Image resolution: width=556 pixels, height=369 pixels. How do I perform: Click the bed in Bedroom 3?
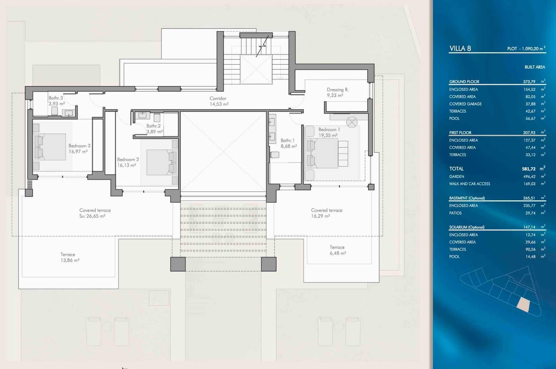click(51, 147)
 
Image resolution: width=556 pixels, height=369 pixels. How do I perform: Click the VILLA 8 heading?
click(460, 48)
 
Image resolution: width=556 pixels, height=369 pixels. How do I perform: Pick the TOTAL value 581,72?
click(529, 169)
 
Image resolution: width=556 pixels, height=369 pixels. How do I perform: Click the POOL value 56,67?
click(530, 118)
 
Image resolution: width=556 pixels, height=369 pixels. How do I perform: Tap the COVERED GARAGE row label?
click(465, 104)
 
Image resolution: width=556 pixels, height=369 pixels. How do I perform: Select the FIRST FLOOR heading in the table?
click(460, 133)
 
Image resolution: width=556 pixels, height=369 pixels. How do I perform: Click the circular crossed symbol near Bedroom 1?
click(352, 122)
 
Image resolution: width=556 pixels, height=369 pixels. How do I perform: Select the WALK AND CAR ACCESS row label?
click(469, 184)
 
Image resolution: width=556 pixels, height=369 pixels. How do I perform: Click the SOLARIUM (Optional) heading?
click(467, 227)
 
